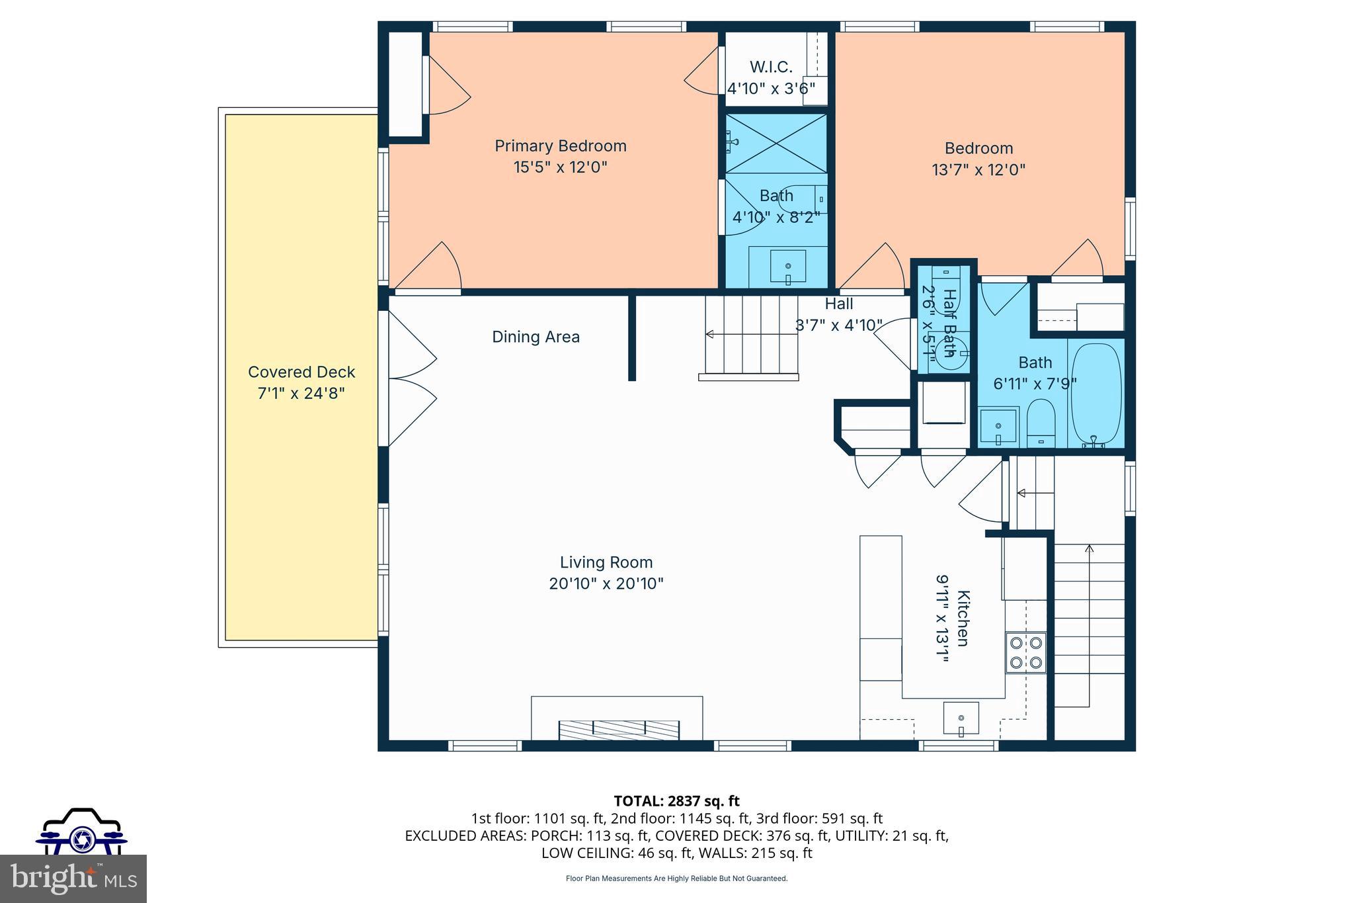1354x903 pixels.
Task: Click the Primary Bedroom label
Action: (x=560, y=146)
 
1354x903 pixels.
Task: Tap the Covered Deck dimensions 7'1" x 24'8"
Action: (x=301, y=394)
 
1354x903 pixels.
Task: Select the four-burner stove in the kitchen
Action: (x=1026, y=652)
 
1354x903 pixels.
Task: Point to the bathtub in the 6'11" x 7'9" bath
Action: (x=1095, y=395)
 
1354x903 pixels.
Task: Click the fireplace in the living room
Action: (x=619, y=729)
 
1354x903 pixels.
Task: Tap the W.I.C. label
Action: (x=771, y=67)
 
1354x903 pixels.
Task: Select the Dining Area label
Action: (x=536, y=337)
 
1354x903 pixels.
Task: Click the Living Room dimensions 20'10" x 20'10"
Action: (x=606, y=583)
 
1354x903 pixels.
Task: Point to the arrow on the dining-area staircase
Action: (x=711, y=334)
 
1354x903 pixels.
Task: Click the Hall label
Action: (x=838, y=304)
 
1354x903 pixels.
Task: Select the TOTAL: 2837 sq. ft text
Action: (x=676, y=801)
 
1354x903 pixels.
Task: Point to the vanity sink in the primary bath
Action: (x=788, y=266)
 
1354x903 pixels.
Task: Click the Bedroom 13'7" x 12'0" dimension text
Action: (x=978, y=170)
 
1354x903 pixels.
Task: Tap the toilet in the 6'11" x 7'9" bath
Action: (x=1041, y=423)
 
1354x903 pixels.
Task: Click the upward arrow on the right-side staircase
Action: (x=1089, y=548)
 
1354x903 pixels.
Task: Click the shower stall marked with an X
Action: (x=777, y=143)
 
